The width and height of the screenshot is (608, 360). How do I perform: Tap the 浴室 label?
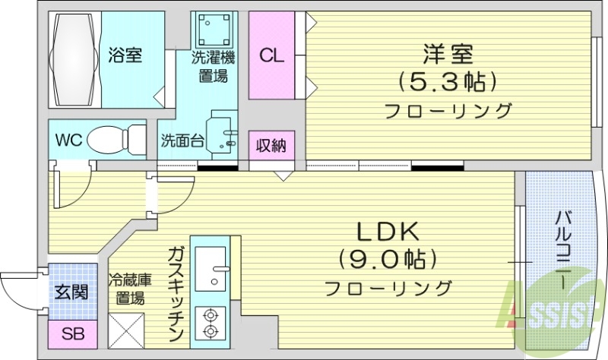tap(125, 55)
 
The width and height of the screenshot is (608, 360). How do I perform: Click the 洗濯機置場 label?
tap(212, 66)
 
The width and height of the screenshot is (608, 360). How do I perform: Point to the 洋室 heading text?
tap(448, 55)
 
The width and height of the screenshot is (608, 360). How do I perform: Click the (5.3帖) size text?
tap(448, 81)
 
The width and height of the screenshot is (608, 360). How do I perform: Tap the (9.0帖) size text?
tap(388, 260)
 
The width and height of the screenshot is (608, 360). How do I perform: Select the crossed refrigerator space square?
tap(125, 328)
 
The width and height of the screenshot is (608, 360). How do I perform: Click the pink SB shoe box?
tap(73, 333)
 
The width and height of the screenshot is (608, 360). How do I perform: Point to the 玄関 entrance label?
tap(73, 292)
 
